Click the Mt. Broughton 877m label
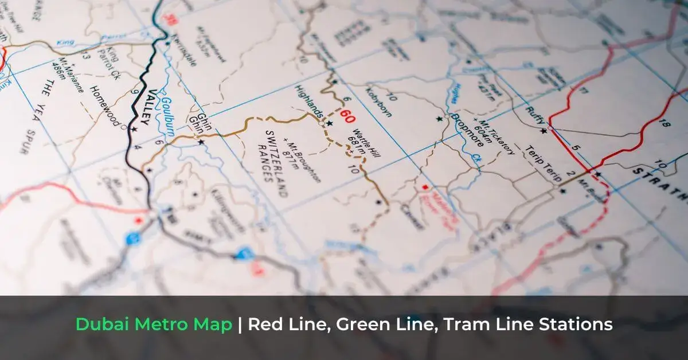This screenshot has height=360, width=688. (303, 162)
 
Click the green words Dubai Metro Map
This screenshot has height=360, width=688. (154, 324)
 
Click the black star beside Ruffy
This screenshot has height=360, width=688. (543, 131)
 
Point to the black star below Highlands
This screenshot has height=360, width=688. (330, 123)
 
